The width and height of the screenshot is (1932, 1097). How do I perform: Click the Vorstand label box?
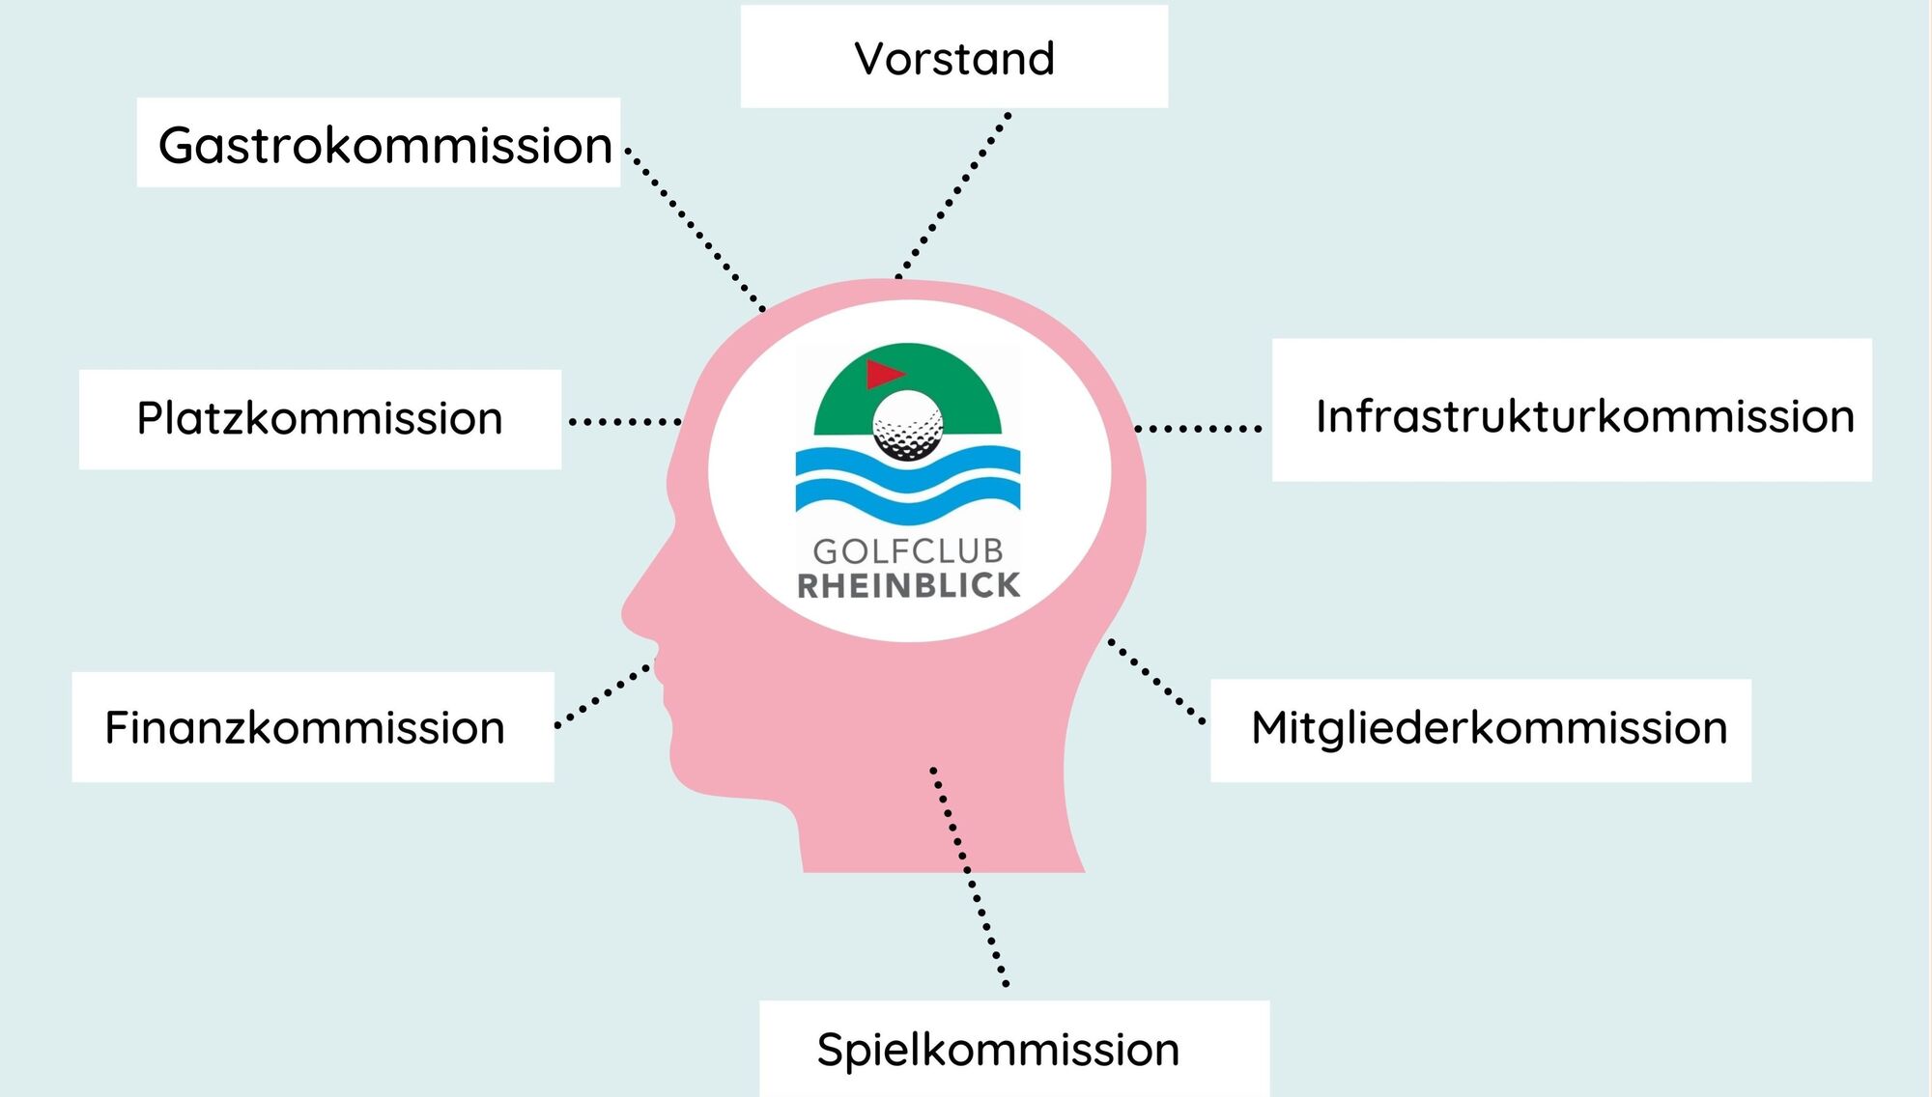[x=954, y=56]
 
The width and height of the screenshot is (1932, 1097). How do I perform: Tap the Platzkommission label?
[x=320, y=419]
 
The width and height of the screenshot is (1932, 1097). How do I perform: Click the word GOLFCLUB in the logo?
[x=908, y=551]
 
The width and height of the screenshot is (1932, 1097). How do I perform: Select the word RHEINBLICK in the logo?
[x=908, y=585]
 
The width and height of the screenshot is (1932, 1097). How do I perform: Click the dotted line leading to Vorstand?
[x=953, y=195]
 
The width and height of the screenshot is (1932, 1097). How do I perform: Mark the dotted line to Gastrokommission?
[x=696, y=230]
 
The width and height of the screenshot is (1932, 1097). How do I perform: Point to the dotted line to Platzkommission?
[x=625, y=422]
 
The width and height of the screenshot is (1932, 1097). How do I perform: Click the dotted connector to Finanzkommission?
[x=605, y=693]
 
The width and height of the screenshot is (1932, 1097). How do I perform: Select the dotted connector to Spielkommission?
[x=969, y=876]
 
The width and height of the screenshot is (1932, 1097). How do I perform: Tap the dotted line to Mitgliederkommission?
[x=1156, y=681]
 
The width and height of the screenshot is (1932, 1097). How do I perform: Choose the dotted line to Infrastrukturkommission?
[x=1198, y=428]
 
